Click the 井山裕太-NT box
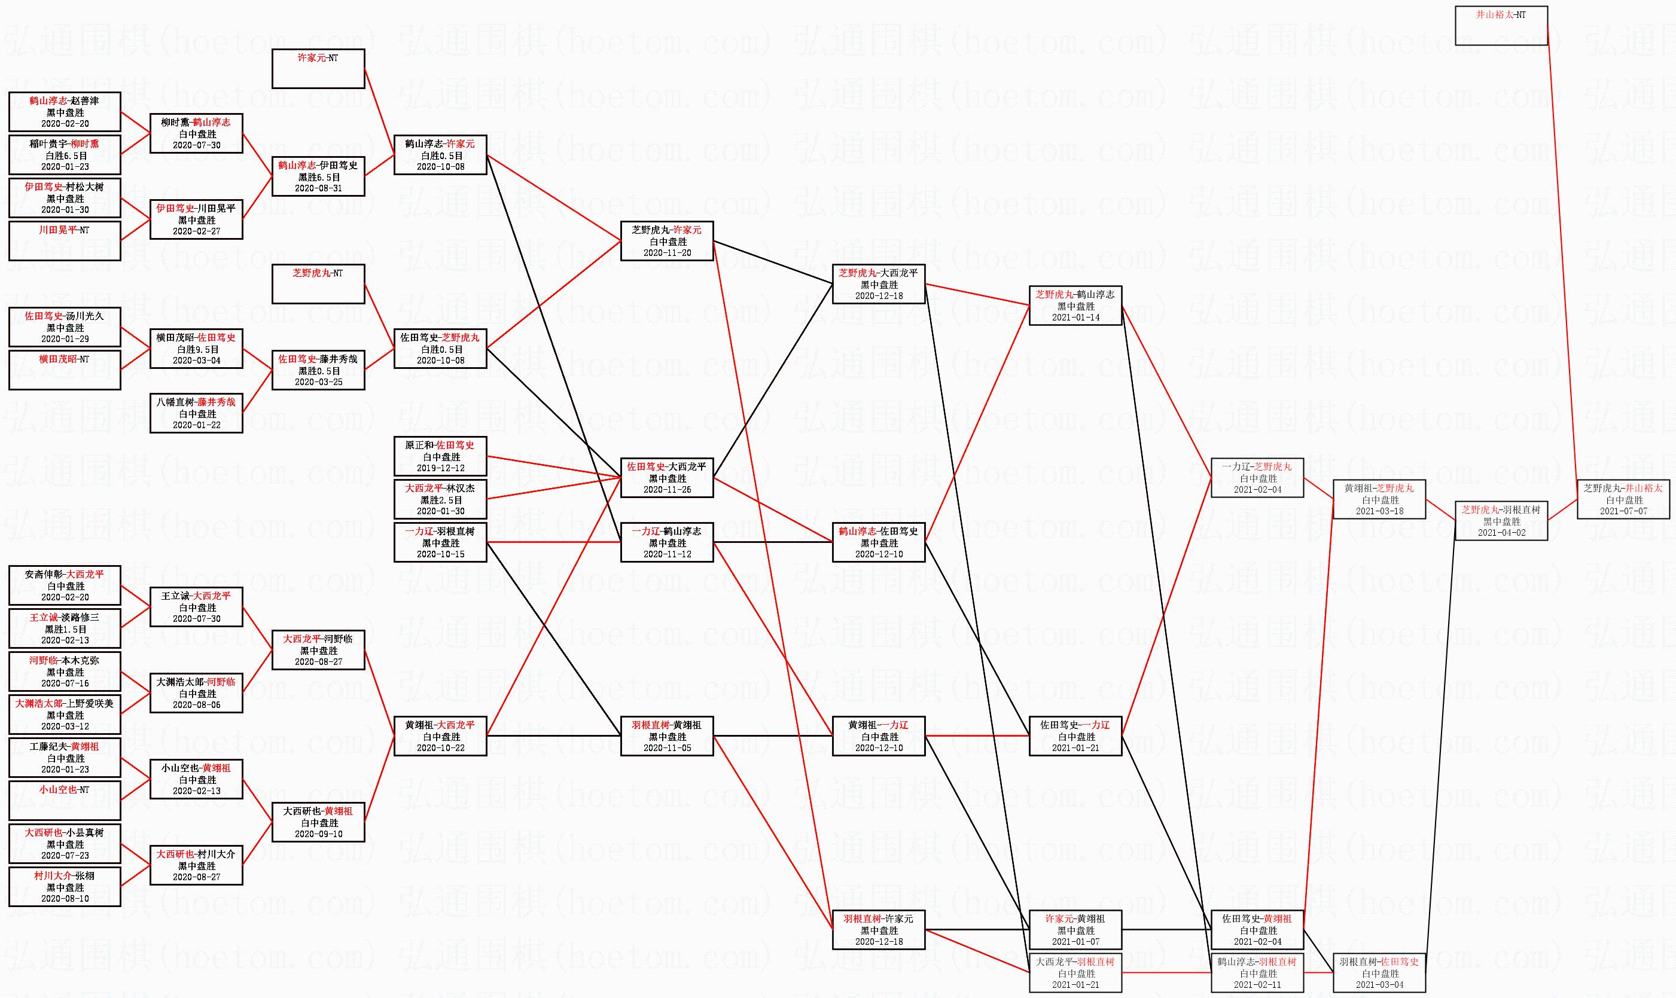click(1501, 26)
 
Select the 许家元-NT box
click(318, 69)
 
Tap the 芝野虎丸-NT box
click(318, 284)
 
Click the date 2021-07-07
click(1623, 511)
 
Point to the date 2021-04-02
click(1501, 533)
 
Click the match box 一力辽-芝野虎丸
click(1257, 478)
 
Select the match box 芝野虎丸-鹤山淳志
click(1075, 306)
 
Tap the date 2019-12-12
click(440, 468)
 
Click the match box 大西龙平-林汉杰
click(440, 499)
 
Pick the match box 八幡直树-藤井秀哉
click(196, 413)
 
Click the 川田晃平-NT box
click(65, 241)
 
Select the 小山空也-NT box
click(65, 800)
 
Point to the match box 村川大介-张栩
click(65, 886)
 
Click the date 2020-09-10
click(318, 834)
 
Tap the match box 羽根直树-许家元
click(878, 929)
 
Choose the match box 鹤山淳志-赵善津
click(65, 112)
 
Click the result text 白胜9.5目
click(196, 350)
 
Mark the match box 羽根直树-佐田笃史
click(1379, 972)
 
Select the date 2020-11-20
click(666, 253)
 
